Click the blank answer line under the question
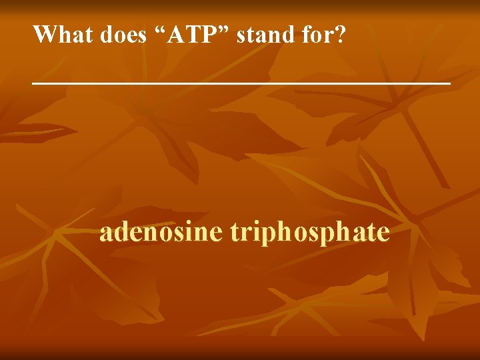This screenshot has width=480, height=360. tap(241, 82)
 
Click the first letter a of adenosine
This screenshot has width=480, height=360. tap(106, 233)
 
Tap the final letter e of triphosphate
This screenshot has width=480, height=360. tap(383, 233)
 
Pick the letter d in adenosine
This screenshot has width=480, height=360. tap(121, 232)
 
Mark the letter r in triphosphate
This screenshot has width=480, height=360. tap(243, 233)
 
